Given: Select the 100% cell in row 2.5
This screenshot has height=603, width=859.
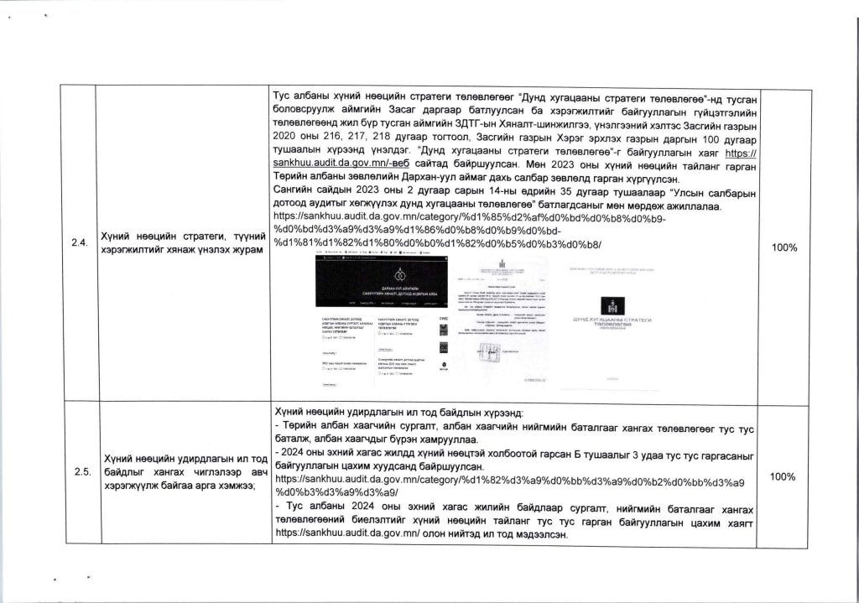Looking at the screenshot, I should pyautogui.click(x=783, y=476).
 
